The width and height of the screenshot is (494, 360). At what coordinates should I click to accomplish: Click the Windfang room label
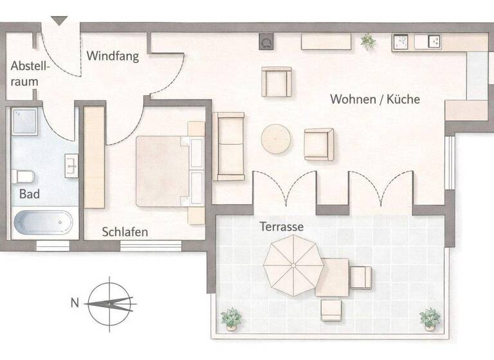[x=113, y=56]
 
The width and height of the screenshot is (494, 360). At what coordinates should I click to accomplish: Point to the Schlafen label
[x=125, y=232]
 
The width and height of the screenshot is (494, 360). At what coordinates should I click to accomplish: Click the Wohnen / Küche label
[x=375, y=99]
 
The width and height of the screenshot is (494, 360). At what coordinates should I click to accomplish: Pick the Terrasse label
[x=282, y=227]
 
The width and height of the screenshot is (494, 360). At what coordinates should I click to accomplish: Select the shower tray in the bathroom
[x=26, y=122]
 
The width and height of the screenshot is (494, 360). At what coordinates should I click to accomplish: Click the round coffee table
[x=277, y=139]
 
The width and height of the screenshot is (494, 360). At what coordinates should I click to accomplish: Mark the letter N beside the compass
[x=75, y=302]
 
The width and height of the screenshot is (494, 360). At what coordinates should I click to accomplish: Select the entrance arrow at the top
[x=59, y=21]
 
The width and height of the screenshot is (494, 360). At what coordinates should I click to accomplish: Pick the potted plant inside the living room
[x=368, y=41]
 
